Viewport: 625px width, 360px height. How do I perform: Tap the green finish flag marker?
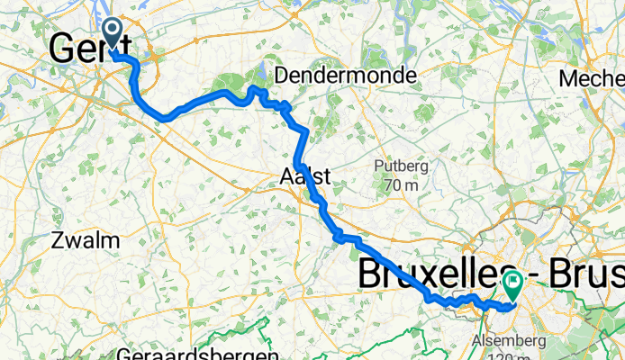tap(513, 284)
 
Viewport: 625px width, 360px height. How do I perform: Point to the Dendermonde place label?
tap(346, 75)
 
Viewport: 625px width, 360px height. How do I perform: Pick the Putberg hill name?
tap(401, 166)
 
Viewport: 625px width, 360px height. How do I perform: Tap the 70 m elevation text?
tap(401, 185)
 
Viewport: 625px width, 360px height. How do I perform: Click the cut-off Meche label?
tap(591, 79)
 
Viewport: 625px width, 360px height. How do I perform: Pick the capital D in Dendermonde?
tap(282, 75)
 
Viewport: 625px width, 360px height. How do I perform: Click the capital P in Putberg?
tap(379, 166)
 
